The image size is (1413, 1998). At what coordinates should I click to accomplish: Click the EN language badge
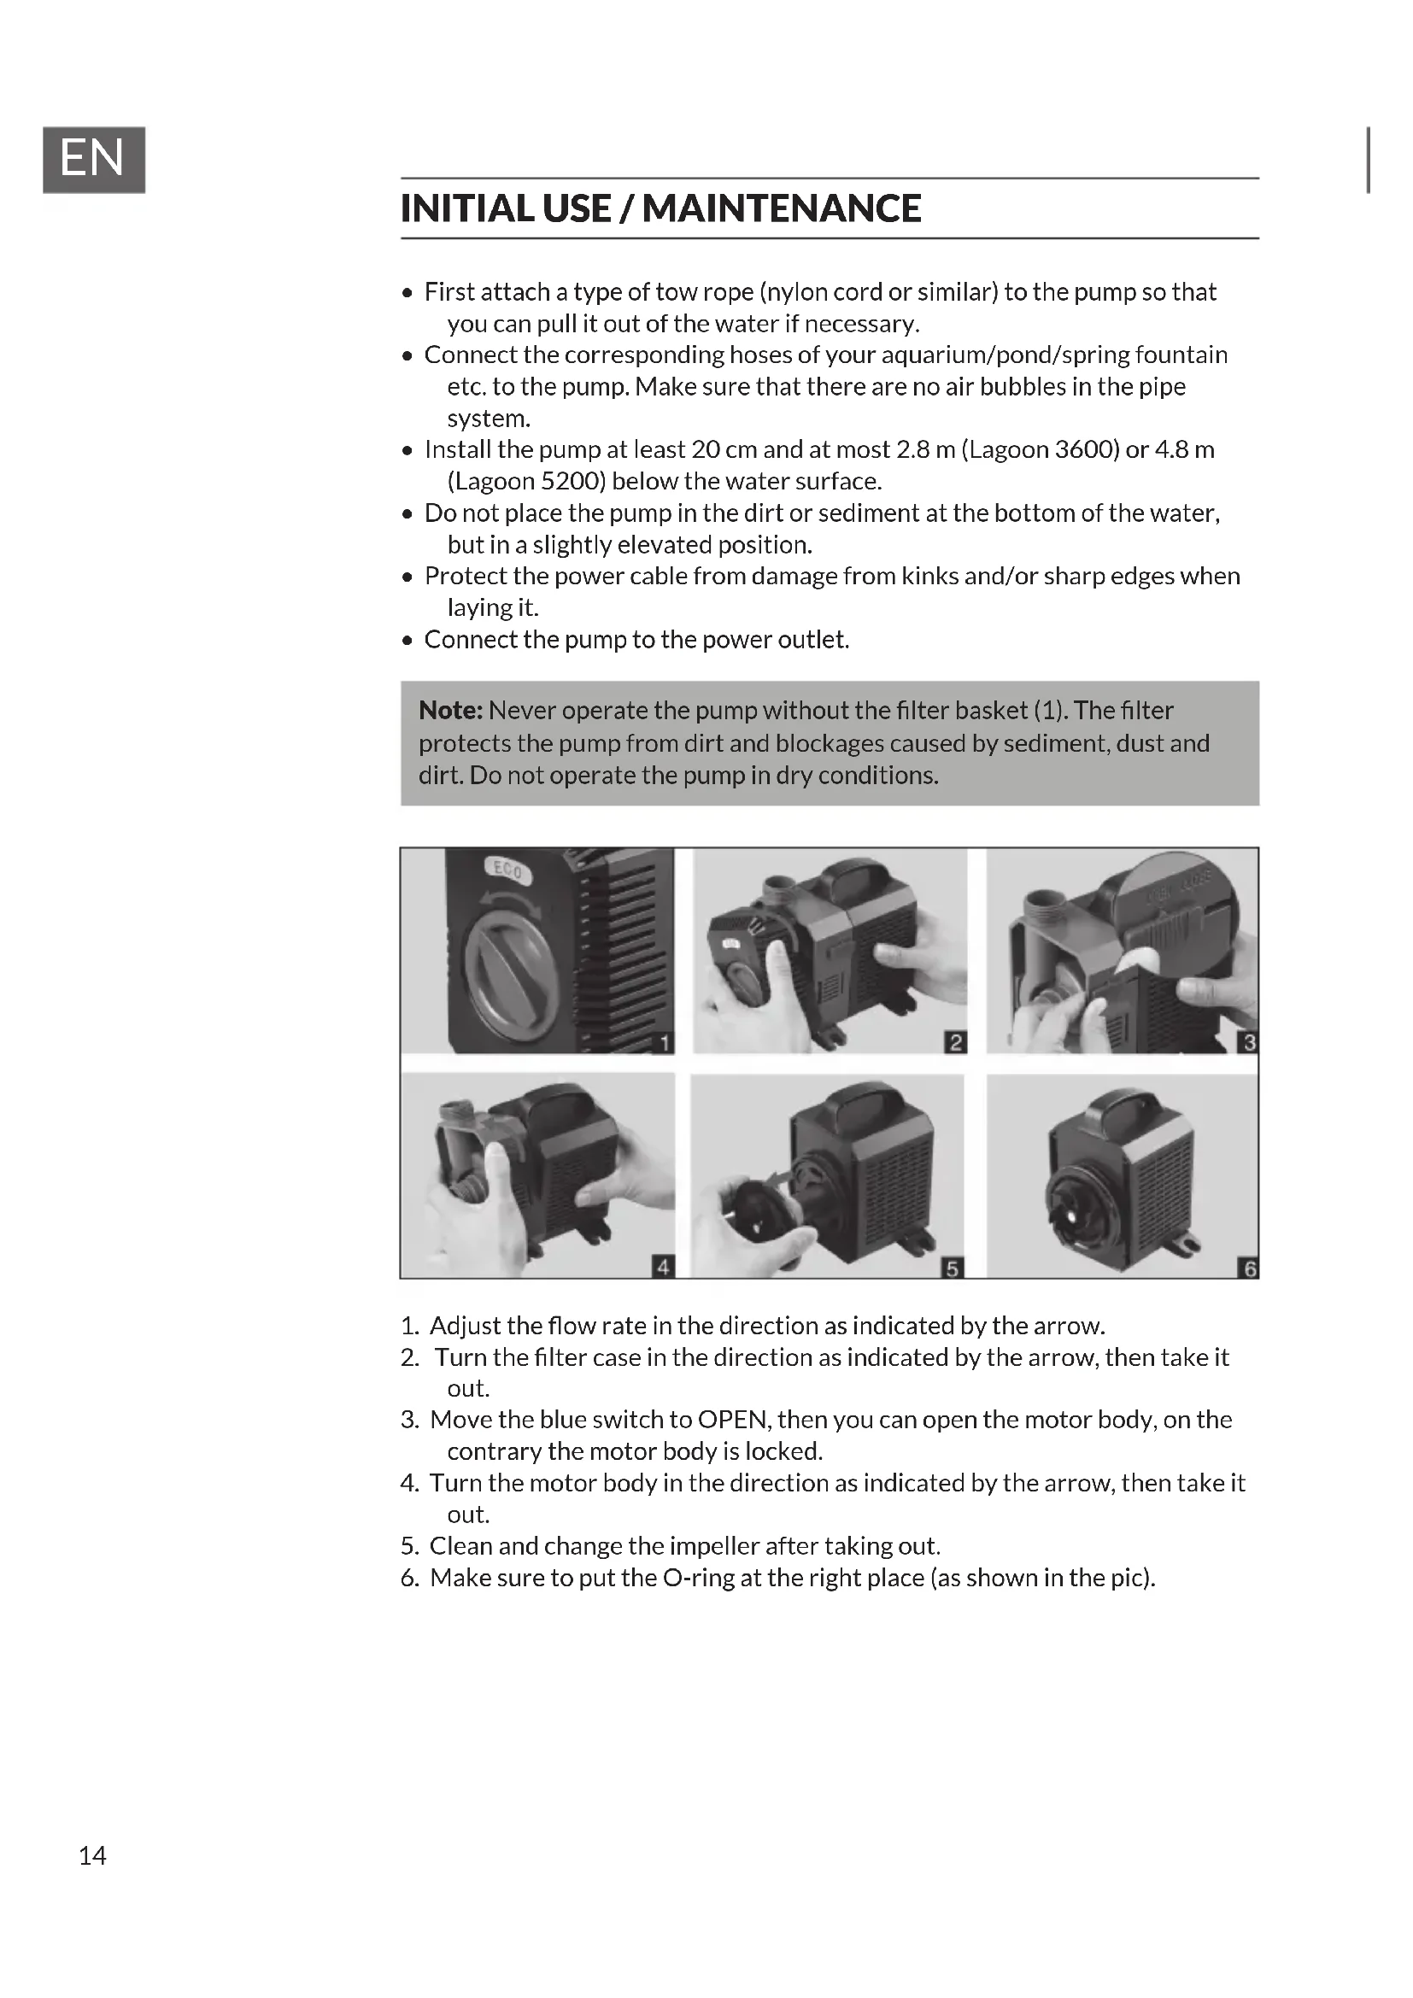[93, 159]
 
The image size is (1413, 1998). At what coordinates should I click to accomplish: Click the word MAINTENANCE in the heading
[781, 208]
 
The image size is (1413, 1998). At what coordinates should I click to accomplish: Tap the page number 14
[92, 1855]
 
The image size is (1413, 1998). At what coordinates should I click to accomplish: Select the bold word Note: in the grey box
[450, 711]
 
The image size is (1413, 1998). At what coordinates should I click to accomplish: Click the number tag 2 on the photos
[955, 1041]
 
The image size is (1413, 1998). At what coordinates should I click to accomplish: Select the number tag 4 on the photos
[663, 1267]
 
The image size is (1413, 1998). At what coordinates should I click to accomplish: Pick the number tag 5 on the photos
[953, 1268]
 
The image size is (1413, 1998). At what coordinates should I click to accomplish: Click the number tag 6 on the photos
[1250, 1268]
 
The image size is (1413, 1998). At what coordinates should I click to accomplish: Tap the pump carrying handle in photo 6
[1122, 1105]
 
